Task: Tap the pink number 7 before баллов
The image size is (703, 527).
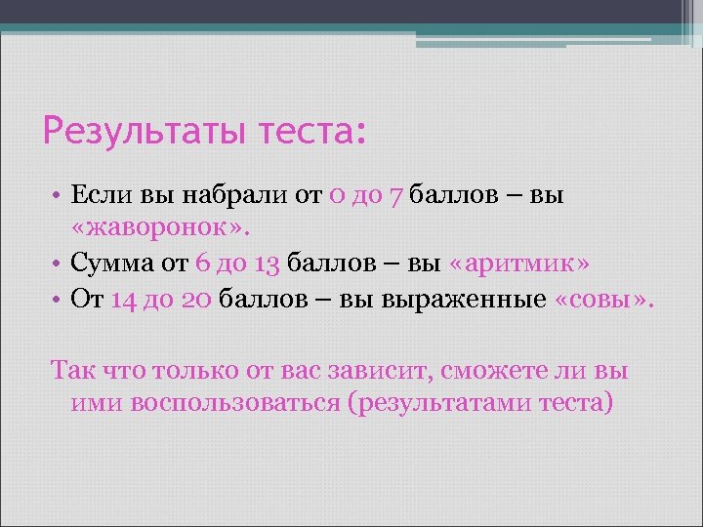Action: (x=396, y=195)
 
